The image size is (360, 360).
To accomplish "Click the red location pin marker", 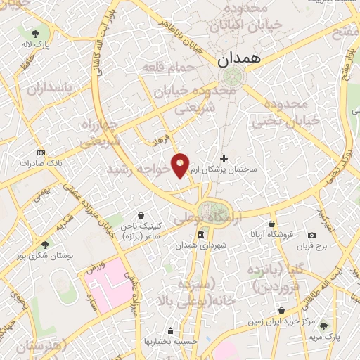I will point(181,165).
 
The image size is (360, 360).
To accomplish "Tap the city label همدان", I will point(238,60).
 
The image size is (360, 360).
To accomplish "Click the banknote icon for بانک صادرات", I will point(41,152).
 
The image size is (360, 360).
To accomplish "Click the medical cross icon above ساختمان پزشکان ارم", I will point(224,158).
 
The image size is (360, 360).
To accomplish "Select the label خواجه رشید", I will point(139,169).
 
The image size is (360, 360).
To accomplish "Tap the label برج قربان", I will point(312,246).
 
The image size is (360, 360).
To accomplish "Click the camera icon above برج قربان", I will point(311,235).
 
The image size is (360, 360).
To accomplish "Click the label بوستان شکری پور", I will point(46,256).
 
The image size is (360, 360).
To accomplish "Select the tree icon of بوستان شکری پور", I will point(46,245).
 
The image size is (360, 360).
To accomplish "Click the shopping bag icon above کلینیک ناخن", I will point(142,215).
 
